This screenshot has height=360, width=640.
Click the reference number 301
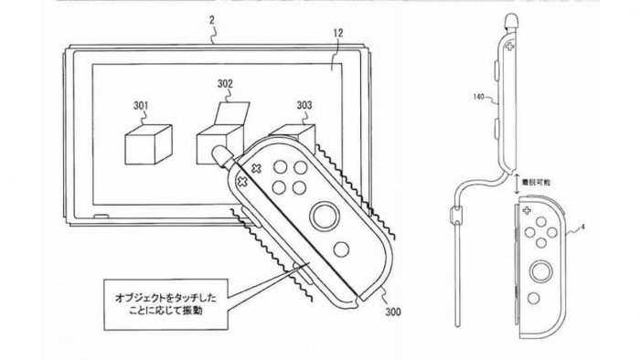coord(141,106)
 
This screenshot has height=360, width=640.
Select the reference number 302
coord(225,84)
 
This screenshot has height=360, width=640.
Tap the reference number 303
coord(304,106)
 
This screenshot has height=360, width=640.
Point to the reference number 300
coord(392,312)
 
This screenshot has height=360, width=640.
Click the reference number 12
coord(338,33)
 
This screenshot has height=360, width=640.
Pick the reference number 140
coord(479,97)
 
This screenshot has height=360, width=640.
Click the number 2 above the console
coord(212,20)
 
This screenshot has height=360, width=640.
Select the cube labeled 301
coord(148,144)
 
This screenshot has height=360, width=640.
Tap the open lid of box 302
coord(231,112)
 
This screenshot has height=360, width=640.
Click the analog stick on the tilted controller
coord(325,216)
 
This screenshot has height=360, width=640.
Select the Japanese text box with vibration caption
coord(165,304)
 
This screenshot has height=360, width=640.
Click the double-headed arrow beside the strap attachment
coord(517,183)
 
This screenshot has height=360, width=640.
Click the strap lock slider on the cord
coord(455,216)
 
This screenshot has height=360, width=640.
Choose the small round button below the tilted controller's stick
coord(341,249)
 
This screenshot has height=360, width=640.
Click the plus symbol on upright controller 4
coord(527,210)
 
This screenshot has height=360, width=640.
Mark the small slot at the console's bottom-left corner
coord(101,216)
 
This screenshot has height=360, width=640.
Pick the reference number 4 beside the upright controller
coord(582,228)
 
